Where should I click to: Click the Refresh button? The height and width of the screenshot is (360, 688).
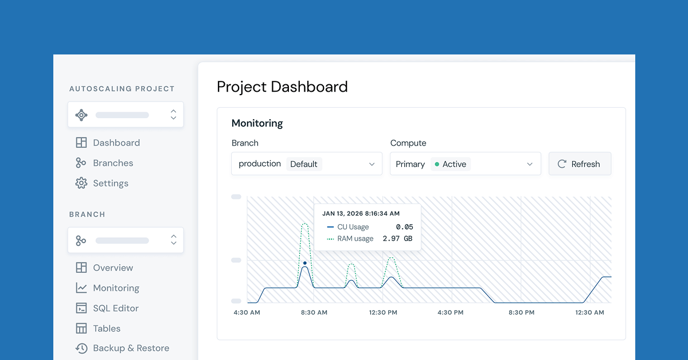tap(580, 164)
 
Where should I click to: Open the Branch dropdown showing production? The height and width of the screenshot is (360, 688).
tap(307, 164)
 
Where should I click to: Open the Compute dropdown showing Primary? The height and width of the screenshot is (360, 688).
tap(465, 164)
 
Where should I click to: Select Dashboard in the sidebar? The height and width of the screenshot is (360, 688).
tap(116, 143)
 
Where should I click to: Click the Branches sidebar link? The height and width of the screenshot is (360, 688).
tap(112, 163)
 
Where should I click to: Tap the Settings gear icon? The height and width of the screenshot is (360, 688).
tap(81, 183)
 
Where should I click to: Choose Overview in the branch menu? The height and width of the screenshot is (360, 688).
tap(112, 268)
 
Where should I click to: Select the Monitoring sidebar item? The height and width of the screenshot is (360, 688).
tap(116, 288)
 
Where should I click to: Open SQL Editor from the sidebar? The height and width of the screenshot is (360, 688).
tap(115, 308)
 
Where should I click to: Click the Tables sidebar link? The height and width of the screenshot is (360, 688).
tap(107, 328)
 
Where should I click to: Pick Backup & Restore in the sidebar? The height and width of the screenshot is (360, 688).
tap(131, 348)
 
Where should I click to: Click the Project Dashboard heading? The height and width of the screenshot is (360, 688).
tap(282, 87)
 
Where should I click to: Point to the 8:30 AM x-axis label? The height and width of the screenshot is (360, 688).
tap(314, 312)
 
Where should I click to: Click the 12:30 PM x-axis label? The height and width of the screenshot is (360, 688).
tap(383, 312)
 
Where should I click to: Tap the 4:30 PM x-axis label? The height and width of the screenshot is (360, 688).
tap(451, 312)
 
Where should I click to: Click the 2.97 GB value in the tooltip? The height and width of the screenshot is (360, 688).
tap(397, 238)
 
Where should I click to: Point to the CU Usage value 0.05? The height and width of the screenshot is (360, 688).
tap(404, 227)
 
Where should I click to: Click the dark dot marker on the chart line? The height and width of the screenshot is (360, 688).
tap(305, 263)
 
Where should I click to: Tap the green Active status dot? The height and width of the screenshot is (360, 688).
tap(437, 164)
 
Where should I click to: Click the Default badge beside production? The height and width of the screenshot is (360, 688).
tap(304, 164)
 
